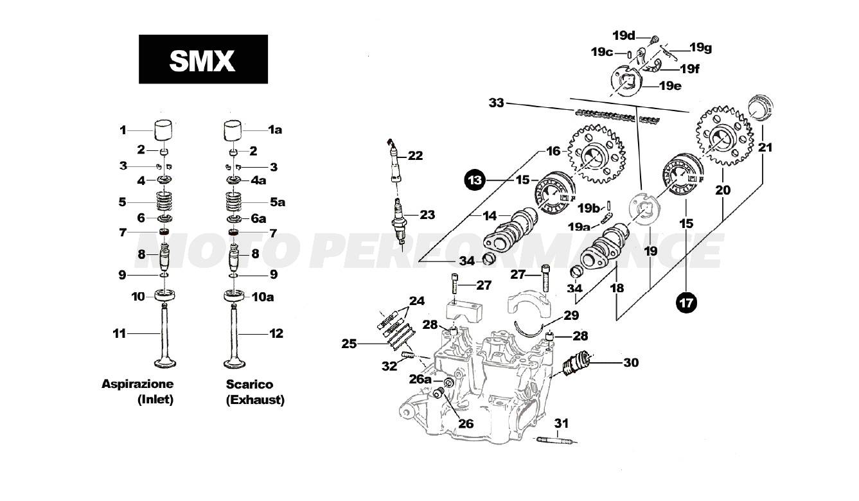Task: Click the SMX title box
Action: click(203, 59)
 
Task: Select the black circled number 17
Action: click(686, 303)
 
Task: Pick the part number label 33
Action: click(497, 103)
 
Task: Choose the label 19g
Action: click(700, 48)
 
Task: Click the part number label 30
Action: click(630, 362)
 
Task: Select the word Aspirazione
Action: click(137, 384)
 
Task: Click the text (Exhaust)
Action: click(255, 400)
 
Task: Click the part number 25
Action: click(349, 344)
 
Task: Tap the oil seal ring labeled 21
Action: click(763, 106)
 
